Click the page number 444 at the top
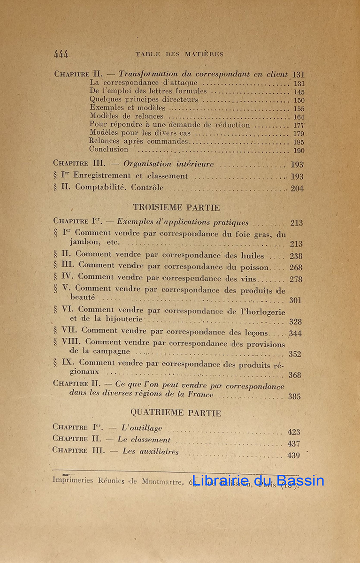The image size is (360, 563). pyautogui.click(x=61, y=54)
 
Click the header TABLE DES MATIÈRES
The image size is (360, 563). pyautogui.click(x=179, y=54)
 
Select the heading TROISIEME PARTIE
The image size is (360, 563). pyautogui.click(x=176, y=207)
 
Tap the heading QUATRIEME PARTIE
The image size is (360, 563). pyautogui.click(x=176, y=413)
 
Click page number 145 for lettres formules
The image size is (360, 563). pyautogui.click(x=299, y=92)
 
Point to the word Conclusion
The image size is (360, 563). pyautogui.click(x=108, y=149)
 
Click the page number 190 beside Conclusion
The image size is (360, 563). pyautogui.click(x=299, y=151)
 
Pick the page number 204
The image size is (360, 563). pyautogui.click(x=297, y=189)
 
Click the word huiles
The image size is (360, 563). pyautogui.click(x=252, y=256)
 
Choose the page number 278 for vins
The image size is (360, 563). pyautogui.click(x=296, y=279)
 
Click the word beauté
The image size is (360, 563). pyautogui.click(x=82, y=297)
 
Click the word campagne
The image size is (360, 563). pyautogui.click(x=109, y=351)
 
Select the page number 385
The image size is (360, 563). pyautogui.click(x=295, y=396)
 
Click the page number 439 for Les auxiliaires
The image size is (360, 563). pyautogui.click(x=294, y=455)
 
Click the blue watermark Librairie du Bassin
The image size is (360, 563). pyautogui.click(x=258, y=480)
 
